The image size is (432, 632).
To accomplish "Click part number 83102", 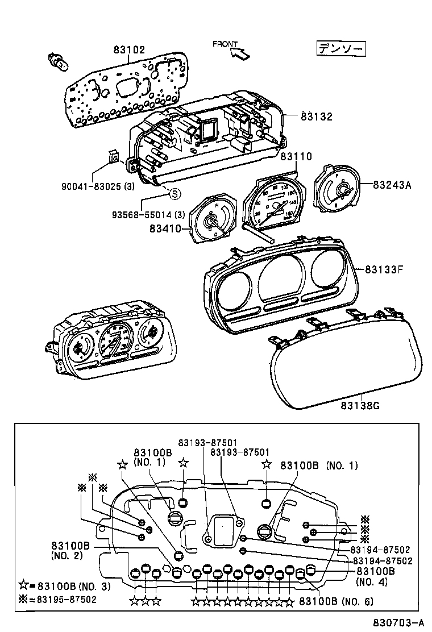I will [x=129, y=50].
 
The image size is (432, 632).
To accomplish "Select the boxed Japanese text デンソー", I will [x=341, y=49].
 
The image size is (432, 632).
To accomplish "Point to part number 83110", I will [x=297, y=156].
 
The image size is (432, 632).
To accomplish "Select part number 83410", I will [x=165, y=228].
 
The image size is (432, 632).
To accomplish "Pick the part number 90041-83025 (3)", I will [x=97, y=185].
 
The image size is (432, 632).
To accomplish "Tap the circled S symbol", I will [x=175, y=194].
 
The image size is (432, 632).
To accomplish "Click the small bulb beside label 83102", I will [x=58, y=61].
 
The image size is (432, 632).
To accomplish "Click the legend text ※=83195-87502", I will [x=57, y=599].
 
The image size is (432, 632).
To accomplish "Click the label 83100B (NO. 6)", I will [x=336, y=601].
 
